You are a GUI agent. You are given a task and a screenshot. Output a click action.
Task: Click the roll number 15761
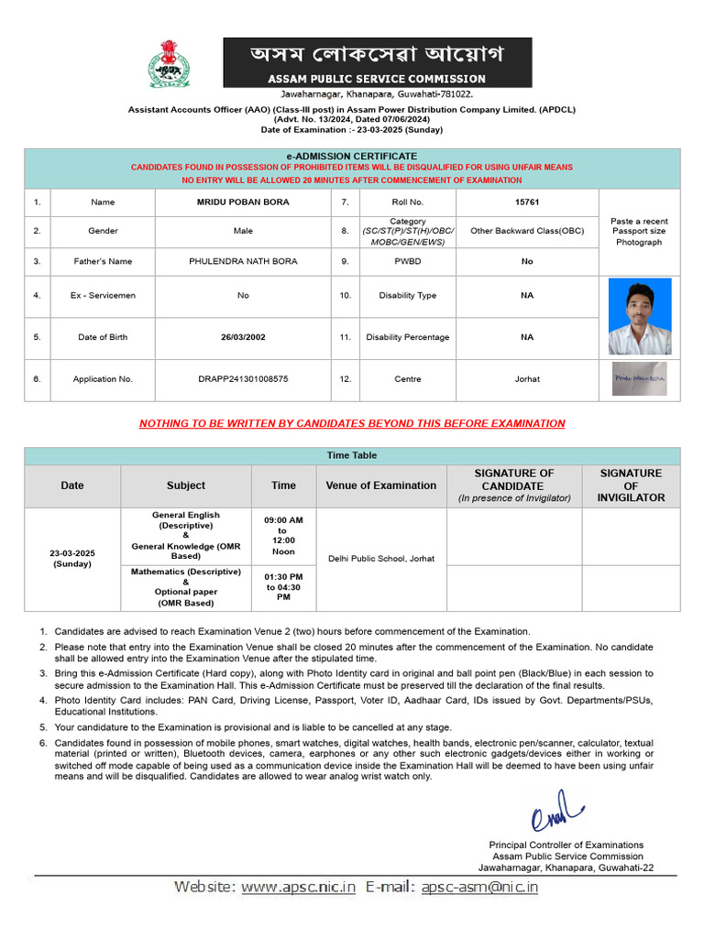[x=526, y=202]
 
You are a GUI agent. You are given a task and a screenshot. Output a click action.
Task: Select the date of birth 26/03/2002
[x=243, y=337]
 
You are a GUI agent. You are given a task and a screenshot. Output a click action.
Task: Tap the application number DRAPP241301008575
[x=243, y=378]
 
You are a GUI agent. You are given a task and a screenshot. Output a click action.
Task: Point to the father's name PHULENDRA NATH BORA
[x=243, y=261]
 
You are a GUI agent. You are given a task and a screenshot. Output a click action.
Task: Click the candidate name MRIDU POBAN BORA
[x=243, y=202]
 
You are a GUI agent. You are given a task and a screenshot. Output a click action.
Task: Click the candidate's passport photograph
[x=639, y=316]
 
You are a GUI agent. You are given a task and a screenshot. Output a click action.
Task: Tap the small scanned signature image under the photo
[x=639, y=378]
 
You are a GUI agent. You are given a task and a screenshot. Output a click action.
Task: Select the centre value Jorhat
[x=526, y=378]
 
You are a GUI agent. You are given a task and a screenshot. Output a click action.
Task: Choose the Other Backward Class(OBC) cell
[x=526, y=231]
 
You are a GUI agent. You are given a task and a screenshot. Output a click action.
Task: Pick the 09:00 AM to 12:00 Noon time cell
[x=283, y=536]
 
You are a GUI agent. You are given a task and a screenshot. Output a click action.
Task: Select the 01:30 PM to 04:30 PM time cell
[x=283, y=587]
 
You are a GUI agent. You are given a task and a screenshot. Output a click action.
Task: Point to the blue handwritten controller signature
[x=556, y=811]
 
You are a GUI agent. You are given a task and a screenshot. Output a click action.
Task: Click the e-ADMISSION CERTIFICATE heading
[x=352, y=157]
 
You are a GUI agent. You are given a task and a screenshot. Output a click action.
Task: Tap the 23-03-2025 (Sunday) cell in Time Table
[x=71, y=559]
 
